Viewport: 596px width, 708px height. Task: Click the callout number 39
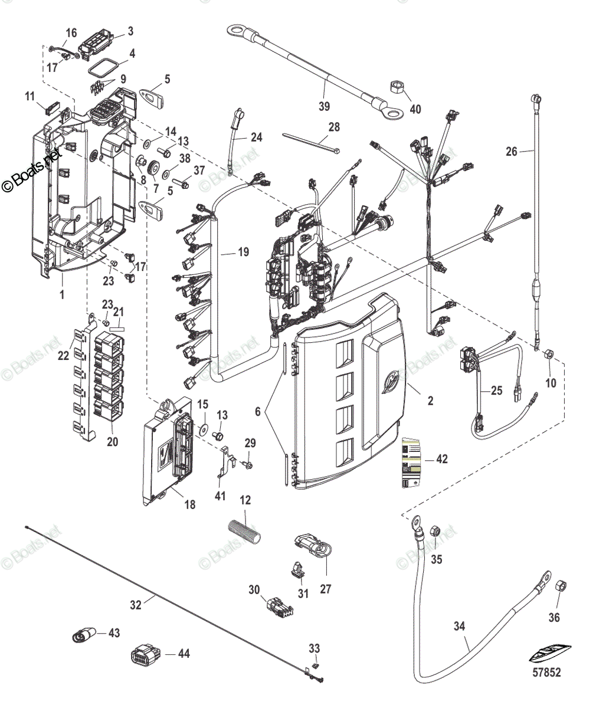[325, 106]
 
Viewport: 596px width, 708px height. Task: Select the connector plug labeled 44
[144, 654]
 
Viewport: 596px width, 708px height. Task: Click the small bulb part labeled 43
[83, 634]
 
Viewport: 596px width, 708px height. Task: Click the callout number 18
[190, 505]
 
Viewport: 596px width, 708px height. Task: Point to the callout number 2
[430, 401]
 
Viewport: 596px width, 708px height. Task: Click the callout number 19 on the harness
[243, 252]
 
